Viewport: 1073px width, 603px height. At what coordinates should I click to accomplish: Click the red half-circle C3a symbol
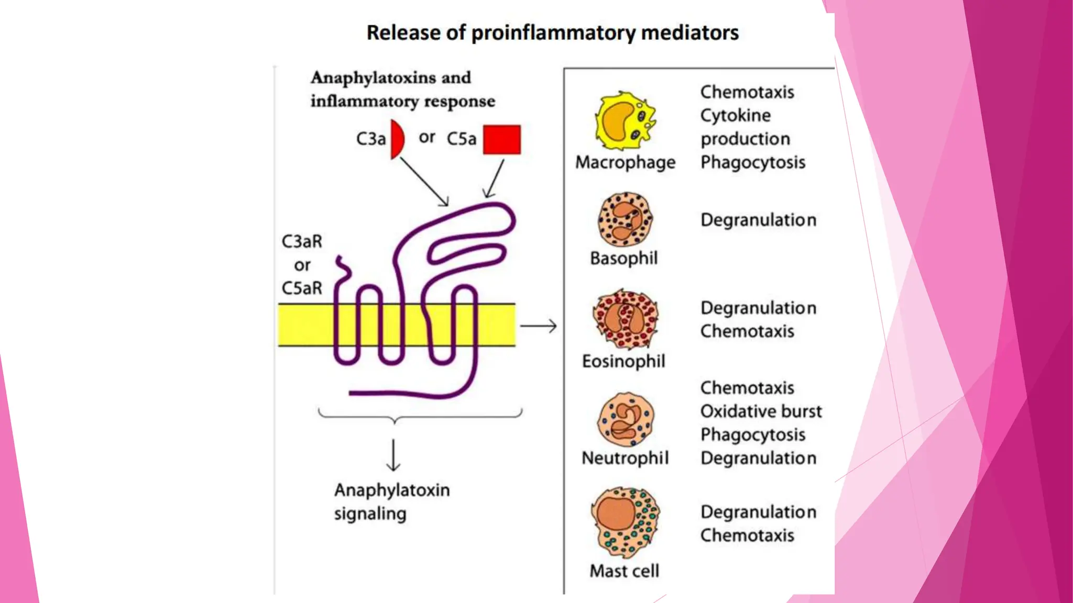[397, 139]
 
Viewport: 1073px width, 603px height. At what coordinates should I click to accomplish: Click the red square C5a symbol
[501, 140]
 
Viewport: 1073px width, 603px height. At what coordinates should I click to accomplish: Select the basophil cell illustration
[625, 219]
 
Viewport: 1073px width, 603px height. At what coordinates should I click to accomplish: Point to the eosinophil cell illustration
[625, 319]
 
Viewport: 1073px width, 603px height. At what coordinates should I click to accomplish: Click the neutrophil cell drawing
[626, 419]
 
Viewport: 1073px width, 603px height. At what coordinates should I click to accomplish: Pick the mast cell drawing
[625, 522]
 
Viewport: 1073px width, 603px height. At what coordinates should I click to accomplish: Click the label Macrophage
[625, 162]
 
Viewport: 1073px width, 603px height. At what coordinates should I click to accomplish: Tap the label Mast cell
[624, 571]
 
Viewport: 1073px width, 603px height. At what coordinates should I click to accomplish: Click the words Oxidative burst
[761, 411]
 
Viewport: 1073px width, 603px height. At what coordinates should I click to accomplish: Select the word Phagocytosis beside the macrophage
[752, 163]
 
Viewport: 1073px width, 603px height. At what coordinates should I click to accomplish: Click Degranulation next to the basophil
[758, 220]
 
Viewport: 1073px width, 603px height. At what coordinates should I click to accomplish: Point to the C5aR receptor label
[302, 288]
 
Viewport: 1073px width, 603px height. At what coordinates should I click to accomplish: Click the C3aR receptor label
[302, 241]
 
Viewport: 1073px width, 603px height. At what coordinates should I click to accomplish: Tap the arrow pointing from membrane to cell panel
[538, 326]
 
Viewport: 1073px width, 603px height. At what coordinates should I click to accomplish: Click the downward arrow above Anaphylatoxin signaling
[393, 455]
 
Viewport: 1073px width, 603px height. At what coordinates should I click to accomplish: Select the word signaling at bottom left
[370, 514]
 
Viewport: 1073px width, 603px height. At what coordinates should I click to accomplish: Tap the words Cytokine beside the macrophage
[735, 116]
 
